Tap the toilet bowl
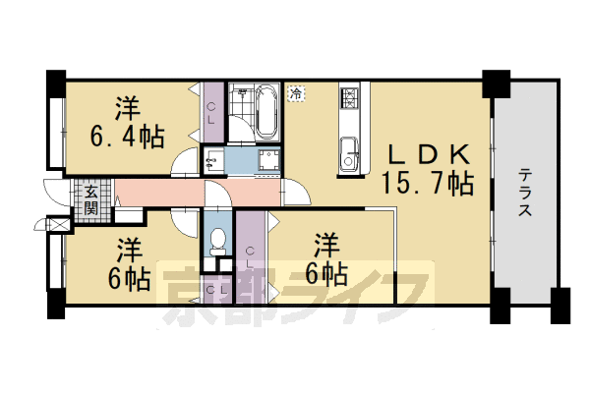pos(217,239)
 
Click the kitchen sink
pos(349,152)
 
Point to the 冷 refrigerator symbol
pos(296,94)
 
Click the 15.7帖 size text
pos(427,183)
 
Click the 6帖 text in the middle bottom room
pos(325,272)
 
